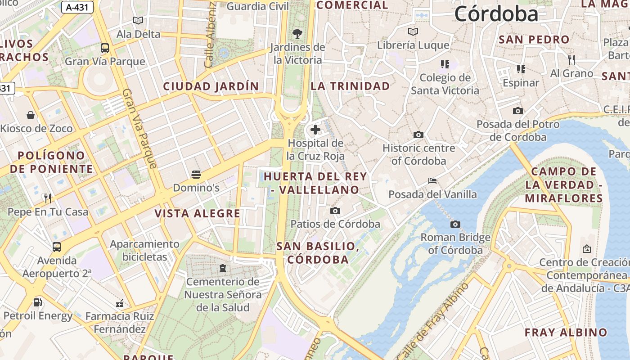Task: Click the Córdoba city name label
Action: point(496,14)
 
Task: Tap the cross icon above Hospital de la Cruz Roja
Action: point(315,130)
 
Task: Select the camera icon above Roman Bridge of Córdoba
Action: point(455,224)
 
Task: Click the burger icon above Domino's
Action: point(196,174)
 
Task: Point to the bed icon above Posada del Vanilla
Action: point(432,181)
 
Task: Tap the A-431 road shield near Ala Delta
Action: point(77,7)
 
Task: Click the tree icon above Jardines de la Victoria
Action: point(297,33)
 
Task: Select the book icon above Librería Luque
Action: point(413,31)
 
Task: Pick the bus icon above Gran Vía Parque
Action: point(105,48)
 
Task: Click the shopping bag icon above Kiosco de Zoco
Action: point(31,115)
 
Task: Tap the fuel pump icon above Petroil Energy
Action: point(38,302)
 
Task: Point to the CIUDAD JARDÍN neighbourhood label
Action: point(211,86)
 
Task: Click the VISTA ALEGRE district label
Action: point(198,213)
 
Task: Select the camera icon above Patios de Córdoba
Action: point(335,211)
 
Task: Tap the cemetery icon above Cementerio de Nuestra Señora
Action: point(222,269)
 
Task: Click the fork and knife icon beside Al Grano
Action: point(571,59)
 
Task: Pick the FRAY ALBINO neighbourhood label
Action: point(566,333)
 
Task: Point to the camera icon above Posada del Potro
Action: point(518,111)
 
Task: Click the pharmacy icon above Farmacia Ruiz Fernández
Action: point(120,303)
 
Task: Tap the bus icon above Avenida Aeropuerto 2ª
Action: point(57,247)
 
